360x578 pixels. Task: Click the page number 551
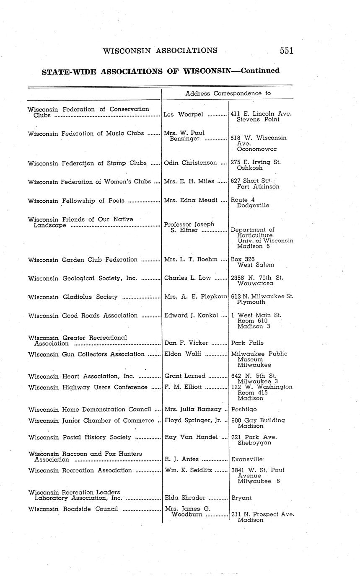[287, 51]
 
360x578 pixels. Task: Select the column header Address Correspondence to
[228, 93]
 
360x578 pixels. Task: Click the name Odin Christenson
[190, 163]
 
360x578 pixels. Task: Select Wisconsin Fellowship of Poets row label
[76, 201]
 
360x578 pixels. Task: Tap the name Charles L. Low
[188, 277]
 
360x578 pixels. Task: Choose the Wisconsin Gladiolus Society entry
[73, 297]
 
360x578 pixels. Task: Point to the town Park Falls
[247, 343]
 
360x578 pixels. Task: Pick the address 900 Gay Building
[258, 420]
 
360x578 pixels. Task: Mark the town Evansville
[247, 459]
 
